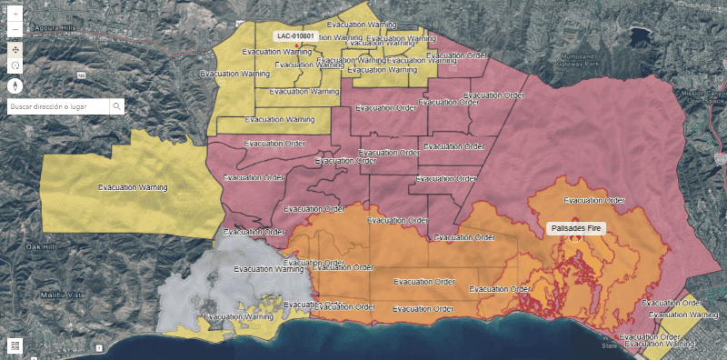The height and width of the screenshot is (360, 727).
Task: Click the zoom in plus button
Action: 15,15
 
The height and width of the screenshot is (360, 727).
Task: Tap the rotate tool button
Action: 15,66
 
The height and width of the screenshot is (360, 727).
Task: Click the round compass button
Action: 15,85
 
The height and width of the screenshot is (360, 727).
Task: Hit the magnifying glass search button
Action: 116,106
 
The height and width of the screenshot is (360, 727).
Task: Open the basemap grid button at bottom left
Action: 15,345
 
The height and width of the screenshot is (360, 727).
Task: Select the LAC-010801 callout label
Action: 296,36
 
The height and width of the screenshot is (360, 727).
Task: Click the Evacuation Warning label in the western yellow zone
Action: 134,187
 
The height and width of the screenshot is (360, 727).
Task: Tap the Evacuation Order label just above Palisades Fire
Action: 595,200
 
